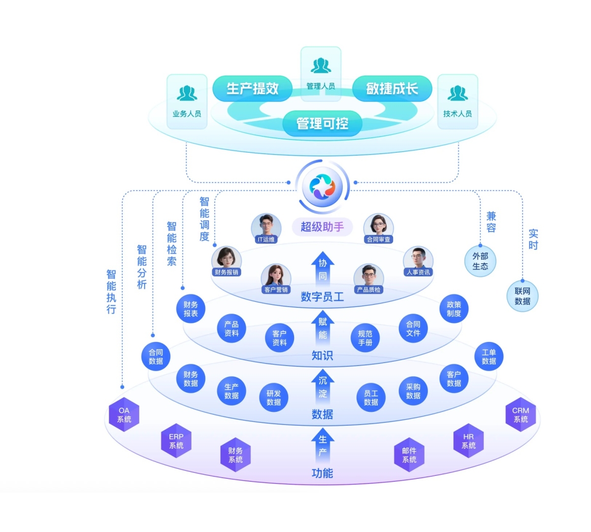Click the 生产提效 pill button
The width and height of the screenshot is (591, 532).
[x=252, y=89]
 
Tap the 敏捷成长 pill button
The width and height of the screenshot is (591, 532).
[x=392, y=89]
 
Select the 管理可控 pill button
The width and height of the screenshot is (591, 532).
[x=322, y=123]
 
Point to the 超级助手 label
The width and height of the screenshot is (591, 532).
[x=322, y=227]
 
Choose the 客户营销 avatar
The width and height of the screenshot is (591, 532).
[x=276, y=279]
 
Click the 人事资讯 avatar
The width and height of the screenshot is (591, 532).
[x=418, y=262]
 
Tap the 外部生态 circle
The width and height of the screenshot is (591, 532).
[x=480, y=261]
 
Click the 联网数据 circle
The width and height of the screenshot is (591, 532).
[x=523, y=296]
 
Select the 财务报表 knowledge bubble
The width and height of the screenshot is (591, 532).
[x=191, y=309]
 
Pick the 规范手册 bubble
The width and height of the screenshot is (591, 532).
[x=365, y=338]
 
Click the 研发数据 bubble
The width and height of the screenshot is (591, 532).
[x=273, y=398]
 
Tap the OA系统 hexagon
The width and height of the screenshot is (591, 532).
[x=124, y=415]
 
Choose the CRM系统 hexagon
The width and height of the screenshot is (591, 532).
[x=521, y=415]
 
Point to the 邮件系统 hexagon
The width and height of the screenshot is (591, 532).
[x=409, y=455]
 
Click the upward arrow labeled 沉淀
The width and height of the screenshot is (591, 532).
[x=323, y=387]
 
